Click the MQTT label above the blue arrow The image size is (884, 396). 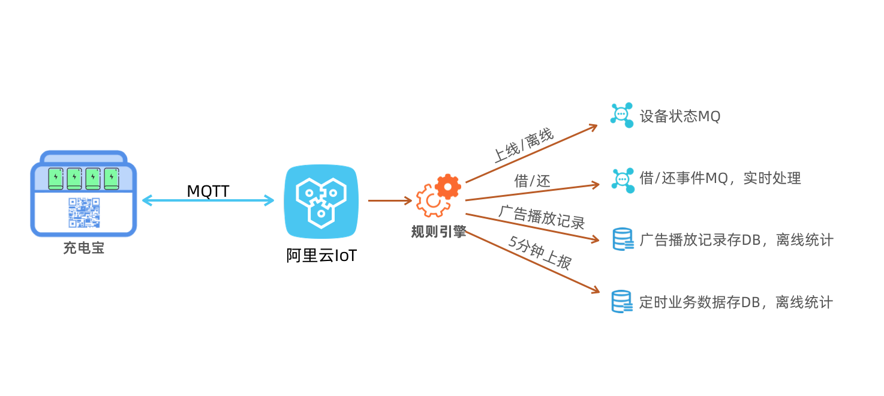208,191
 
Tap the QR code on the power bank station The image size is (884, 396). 83,213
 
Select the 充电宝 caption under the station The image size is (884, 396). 83,248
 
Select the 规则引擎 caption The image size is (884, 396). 438,232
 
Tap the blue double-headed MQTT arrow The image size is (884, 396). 208,201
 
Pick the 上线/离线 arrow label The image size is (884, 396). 523,146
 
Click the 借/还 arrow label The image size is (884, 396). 532,181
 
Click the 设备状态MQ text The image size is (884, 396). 679,116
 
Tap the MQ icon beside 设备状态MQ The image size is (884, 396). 622,115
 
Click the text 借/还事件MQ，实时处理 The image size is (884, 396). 720,178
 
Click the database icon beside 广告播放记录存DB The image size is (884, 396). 623,239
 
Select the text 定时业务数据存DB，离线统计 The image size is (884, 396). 736,302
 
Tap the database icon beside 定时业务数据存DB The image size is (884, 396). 622,301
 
